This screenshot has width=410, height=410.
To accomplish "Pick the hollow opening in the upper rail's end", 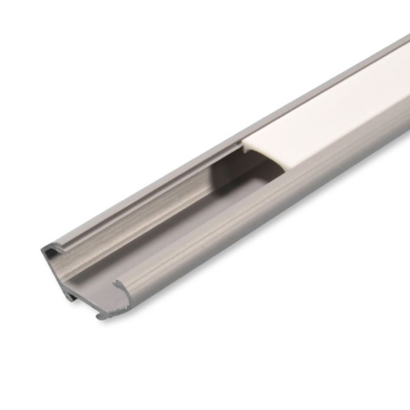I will click(x=51, y=252).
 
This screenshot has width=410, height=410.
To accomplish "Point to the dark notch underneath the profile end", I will click(x=72, y=295).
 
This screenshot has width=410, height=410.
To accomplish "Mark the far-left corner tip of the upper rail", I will click(x=42, y=250).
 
